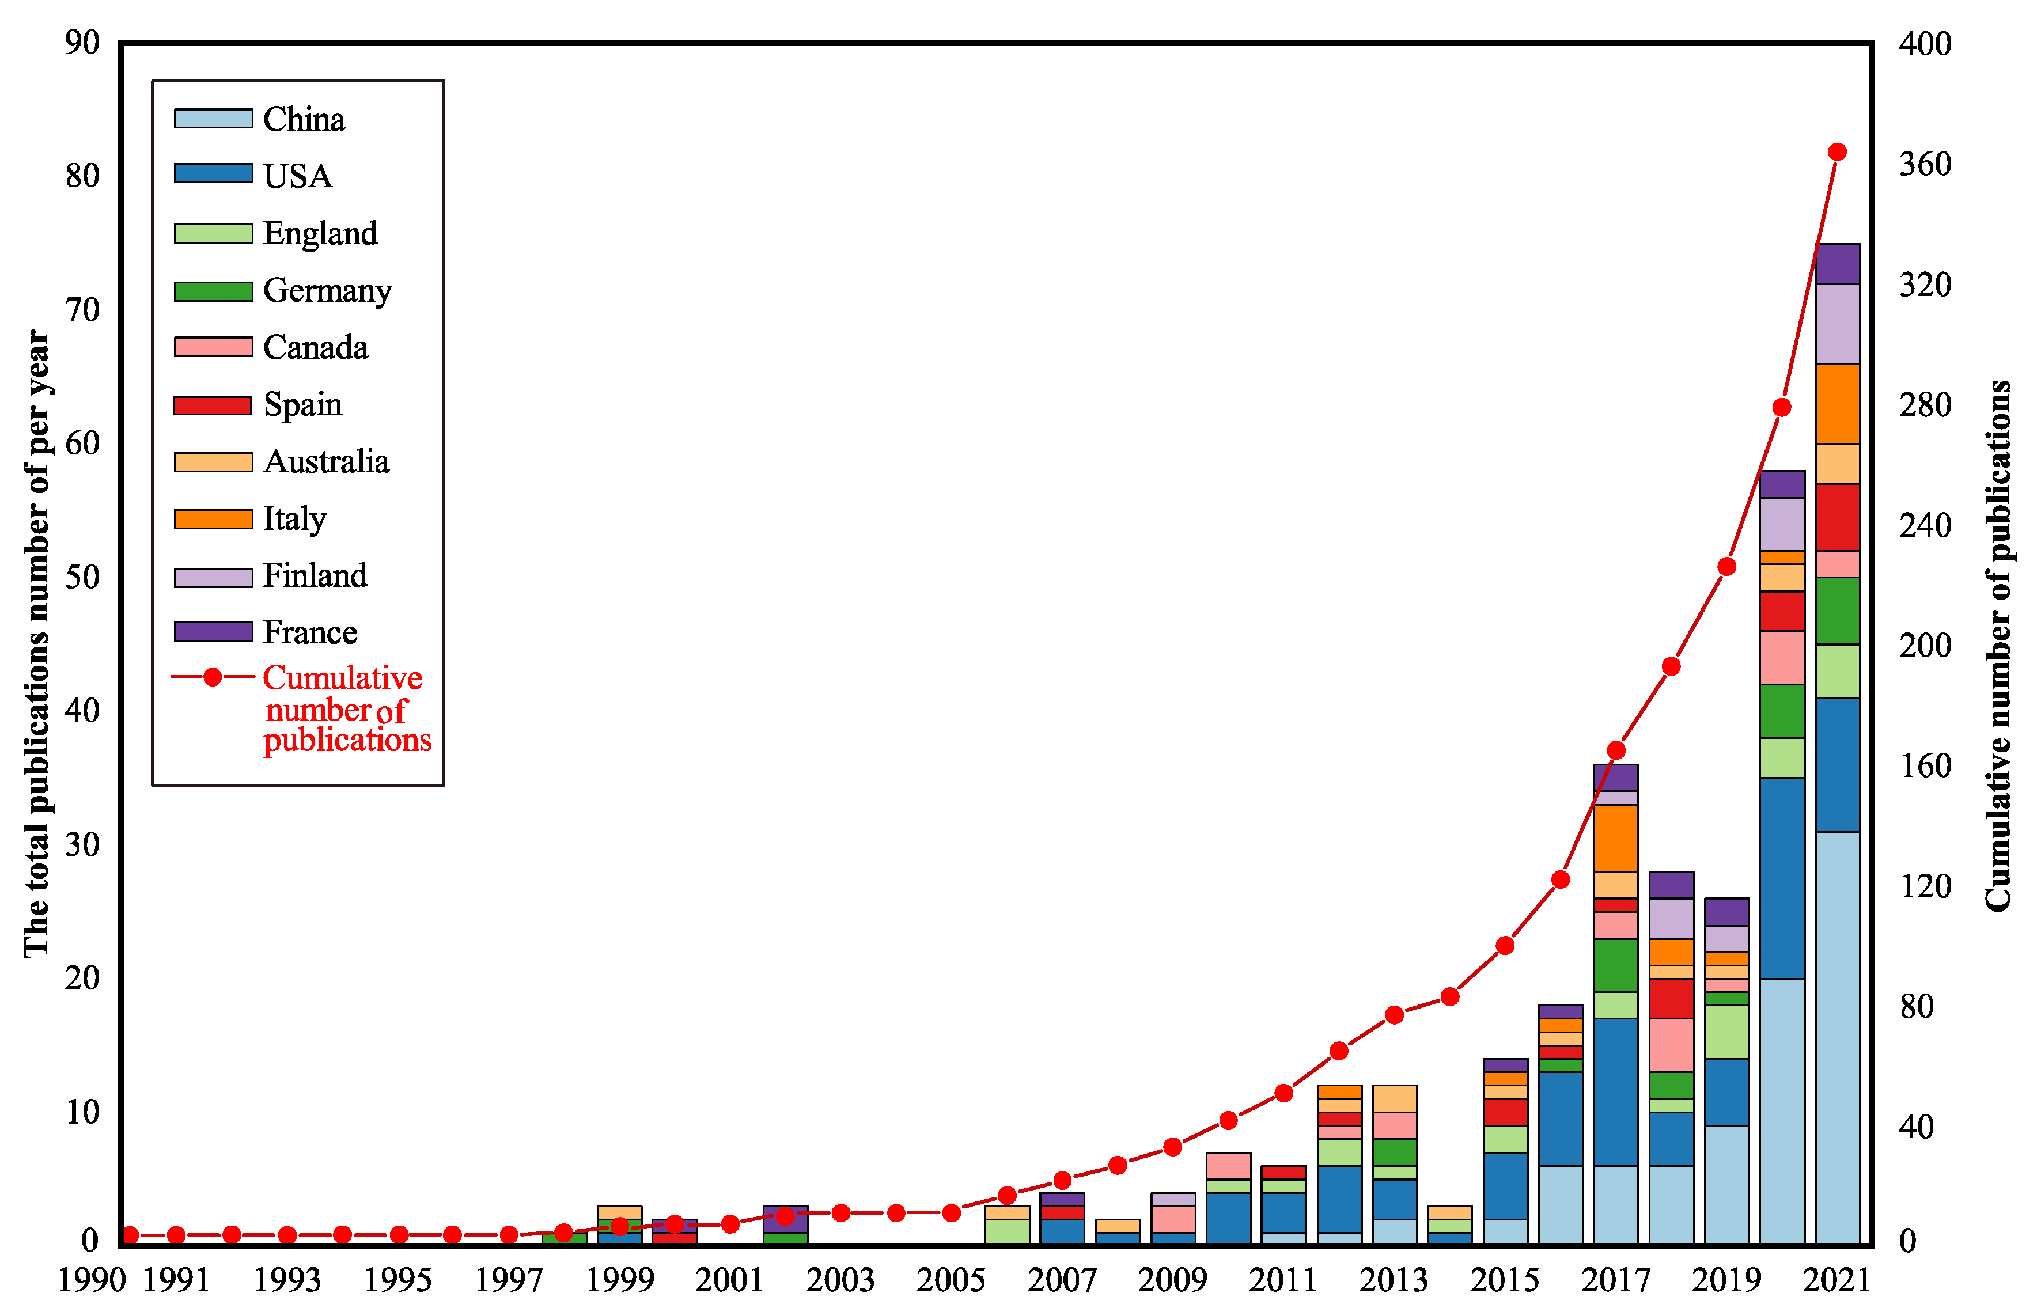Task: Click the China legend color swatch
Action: [x=213, y=118]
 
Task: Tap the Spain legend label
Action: [x=302, y=404]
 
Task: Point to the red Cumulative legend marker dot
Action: [x=213, y=677]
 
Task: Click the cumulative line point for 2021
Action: [x=1836, y=152]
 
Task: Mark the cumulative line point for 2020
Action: [x=1782, y=408]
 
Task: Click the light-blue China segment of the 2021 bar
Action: [x=1836, y=1036]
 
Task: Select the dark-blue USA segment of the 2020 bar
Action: [x=1782, y=878]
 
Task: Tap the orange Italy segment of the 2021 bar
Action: [x=1836, y=403]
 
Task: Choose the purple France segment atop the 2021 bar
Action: [x=1836, y=263]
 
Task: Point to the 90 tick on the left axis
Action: [x=82, y=43]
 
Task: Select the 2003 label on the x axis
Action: [x=840, y=1280]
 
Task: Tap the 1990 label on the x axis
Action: [x=91, y=1280]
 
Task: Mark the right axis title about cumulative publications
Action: [x=1998, y=646]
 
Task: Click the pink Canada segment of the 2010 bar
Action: [x=1228, y=1166]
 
